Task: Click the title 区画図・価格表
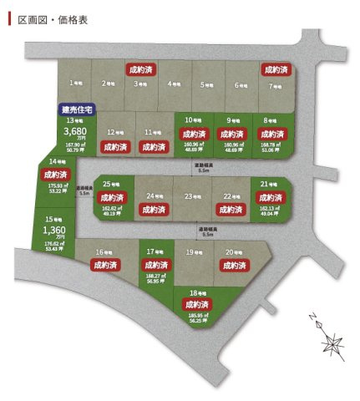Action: tap(48, 16)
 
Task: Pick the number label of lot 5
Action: tap(205, 84)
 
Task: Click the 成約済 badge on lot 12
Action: tap(115, 146)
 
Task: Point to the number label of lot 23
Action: tap(189, 197)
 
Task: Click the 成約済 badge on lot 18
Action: tap(197, 305)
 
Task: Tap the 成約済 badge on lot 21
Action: tap(271, 198)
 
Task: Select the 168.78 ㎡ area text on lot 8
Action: tap(271, 147)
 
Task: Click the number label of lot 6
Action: tap(240, 84)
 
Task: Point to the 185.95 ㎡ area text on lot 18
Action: tap(197, 315)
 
